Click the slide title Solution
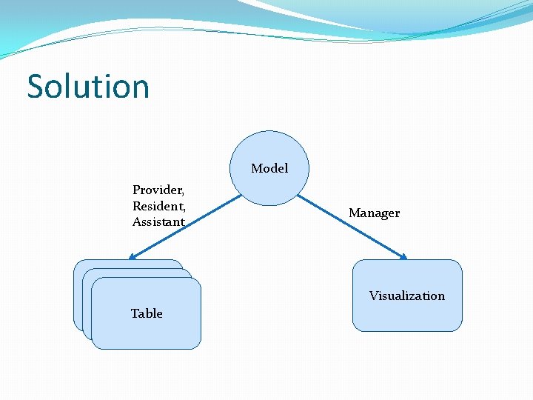(88, 86)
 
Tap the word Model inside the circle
(269, 168)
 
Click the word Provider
(157, 190)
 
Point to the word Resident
(158, 205)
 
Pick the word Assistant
(158, 221)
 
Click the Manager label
(374, 213)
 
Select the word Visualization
(407, 296)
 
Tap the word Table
(147, 313)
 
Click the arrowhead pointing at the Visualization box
(403, 257)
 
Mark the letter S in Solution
(35, 87)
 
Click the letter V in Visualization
(374, 296)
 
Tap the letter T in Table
(135, 313)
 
